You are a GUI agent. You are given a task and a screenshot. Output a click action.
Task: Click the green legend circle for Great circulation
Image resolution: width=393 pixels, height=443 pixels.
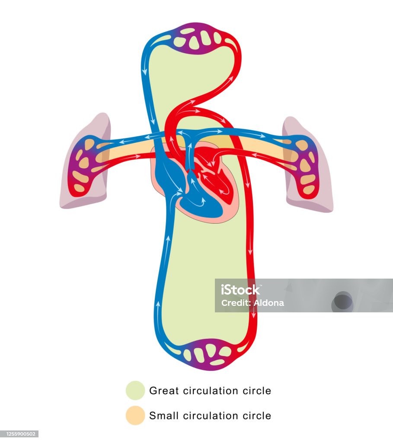click(135, 390)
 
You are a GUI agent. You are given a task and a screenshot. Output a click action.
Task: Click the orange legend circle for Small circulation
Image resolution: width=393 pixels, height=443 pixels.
click(135, 415)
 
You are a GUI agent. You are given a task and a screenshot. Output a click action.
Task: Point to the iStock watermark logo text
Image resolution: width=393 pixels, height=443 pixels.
click(240, 289)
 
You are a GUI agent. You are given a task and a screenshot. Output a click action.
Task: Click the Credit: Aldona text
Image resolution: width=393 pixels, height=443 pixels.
click(252, 303)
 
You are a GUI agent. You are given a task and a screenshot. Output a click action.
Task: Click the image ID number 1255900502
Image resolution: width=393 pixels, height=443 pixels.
click(19, 434)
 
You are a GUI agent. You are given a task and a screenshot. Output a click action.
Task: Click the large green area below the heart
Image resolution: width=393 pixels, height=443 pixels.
click(203, 277)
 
